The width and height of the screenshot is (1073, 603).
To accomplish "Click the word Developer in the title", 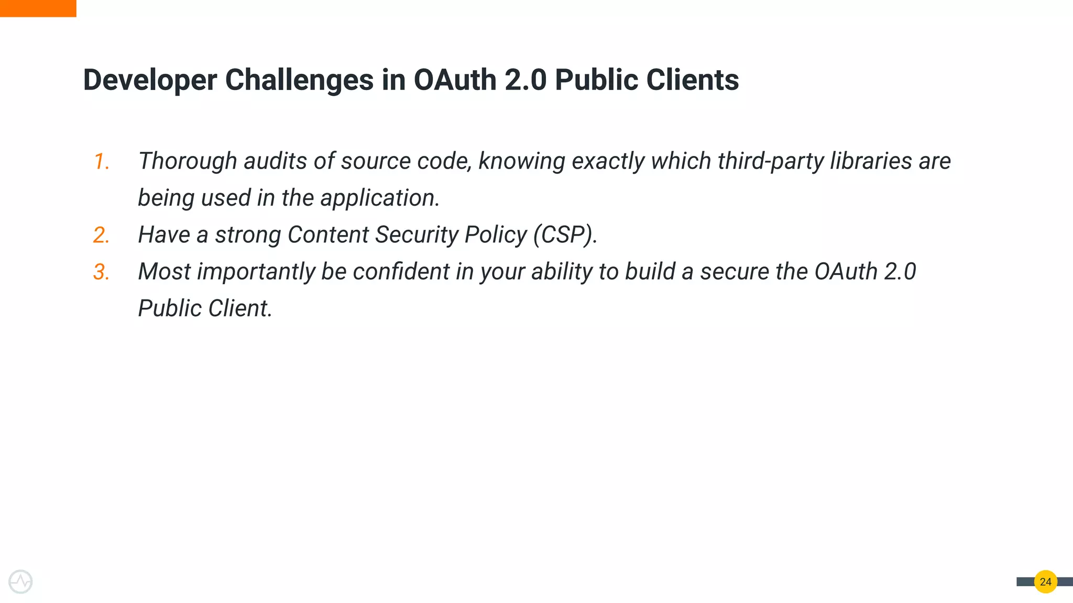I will point(150,81).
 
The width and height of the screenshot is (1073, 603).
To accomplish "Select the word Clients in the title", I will point(692,81).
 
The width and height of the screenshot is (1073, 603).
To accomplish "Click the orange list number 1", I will point(101,161).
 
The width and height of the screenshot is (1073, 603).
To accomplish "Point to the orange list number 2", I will point(101,235).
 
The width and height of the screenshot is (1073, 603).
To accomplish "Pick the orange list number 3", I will point(101,272).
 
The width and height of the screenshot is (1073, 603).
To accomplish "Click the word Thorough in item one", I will point(187,161).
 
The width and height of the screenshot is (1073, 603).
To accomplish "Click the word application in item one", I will point(379,198).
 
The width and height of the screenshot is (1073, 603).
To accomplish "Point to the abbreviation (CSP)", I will point(564,235).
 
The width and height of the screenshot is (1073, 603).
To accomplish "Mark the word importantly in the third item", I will point(256,272).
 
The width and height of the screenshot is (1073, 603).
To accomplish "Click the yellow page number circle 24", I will point(1045,582).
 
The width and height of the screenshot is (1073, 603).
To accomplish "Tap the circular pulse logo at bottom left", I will point(20,582).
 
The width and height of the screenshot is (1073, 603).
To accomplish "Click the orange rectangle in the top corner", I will point(38,8).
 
